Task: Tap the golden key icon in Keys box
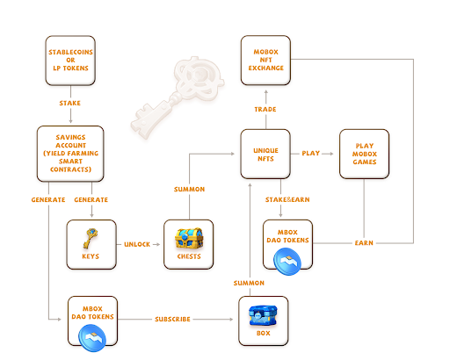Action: pos(91,238)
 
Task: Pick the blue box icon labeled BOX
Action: pos(263,314)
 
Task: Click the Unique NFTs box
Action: pos(265,154)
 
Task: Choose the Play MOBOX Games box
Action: pos(364,154)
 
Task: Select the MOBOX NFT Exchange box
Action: pos(265,60)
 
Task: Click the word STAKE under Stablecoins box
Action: pos(70,103)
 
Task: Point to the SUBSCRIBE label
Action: pos(172,319)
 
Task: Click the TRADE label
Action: pos(265,109)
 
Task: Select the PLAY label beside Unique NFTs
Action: pos(310,154)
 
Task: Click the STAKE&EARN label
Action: pos(280,200)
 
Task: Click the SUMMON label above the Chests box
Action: pos(189,190)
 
